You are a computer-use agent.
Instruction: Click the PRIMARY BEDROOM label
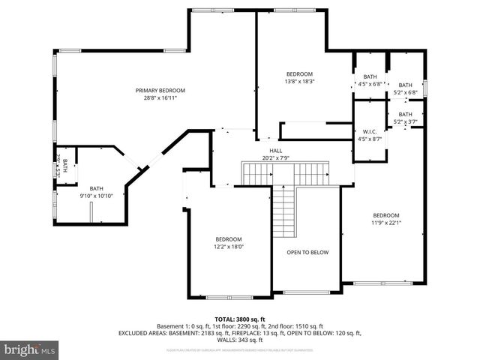coord(160,91)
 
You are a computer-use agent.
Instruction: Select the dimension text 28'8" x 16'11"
coord(160,97)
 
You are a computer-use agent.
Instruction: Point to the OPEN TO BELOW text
coord(307,252)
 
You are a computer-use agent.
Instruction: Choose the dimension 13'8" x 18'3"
coord(294,81)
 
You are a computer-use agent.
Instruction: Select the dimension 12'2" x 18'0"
coord(229,246)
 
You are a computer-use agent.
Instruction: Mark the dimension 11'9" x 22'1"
coord(386,222)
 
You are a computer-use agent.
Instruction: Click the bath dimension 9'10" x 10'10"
coord(97,196)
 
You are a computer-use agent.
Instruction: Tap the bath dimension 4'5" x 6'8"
coord(370,84)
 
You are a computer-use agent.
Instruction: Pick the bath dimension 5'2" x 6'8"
coord(405,92)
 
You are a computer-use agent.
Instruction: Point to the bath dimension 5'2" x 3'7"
coord(405,121)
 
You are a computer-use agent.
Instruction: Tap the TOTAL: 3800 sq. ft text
coord(239,319)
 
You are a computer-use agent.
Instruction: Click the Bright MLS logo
coord(30,349)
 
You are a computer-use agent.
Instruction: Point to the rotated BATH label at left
coord(65,166)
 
